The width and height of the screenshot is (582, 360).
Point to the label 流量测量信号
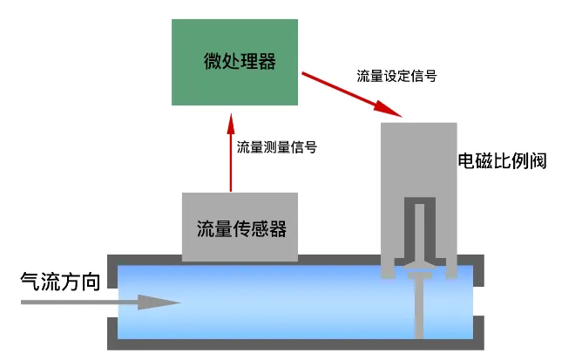[276, 147]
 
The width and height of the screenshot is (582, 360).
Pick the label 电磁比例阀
[502, 161]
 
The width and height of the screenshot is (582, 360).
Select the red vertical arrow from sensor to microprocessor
[231, 157]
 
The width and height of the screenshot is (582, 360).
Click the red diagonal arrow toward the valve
[349, 94]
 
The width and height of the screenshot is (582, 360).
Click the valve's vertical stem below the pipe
[419, 314]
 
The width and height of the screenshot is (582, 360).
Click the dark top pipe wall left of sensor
[144, 259]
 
